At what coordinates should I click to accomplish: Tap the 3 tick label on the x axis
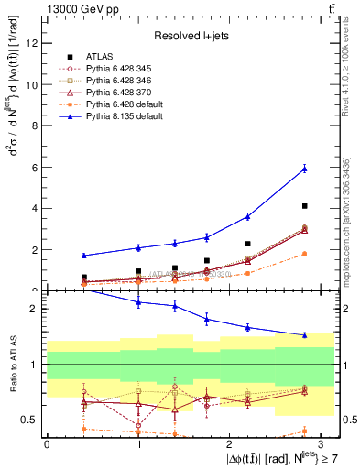pyautogui.click(x=322, y=442)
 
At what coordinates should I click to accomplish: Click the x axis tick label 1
pyautogui.click(x=138, y=442)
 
